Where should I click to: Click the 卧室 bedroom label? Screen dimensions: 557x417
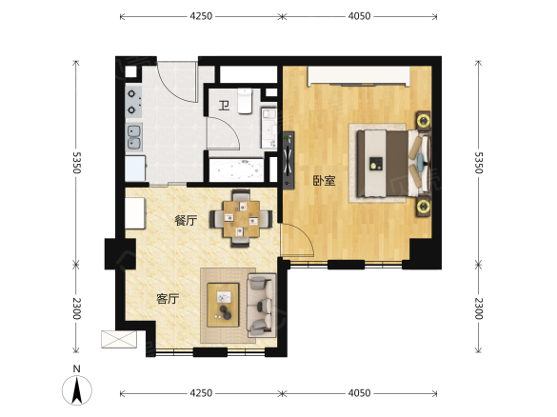324,181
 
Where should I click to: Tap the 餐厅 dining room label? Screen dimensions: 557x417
186,220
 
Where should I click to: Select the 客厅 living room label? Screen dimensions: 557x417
168,299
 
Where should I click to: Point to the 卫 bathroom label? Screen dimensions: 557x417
224,106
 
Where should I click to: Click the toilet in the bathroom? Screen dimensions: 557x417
245,101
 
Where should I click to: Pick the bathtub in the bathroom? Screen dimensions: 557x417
236,170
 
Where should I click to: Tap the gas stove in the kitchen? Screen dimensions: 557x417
133,102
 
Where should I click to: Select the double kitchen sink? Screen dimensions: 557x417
134,137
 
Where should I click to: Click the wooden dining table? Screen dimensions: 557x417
241,219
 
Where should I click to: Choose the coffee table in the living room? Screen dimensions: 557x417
223,305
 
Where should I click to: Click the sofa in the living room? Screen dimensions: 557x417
262,305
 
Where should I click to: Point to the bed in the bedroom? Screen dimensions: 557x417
393,164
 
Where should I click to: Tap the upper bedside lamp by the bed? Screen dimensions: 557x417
424,120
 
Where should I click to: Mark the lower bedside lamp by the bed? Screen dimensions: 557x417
424,207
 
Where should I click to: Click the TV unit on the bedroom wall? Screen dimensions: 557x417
288,161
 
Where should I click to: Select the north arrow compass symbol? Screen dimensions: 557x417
77,389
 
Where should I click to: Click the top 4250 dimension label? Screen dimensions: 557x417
201,16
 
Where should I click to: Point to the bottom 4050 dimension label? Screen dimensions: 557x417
359,393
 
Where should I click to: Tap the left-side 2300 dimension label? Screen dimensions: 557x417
76,308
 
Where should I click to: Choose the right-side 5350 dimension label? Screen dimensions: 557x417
479,163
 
